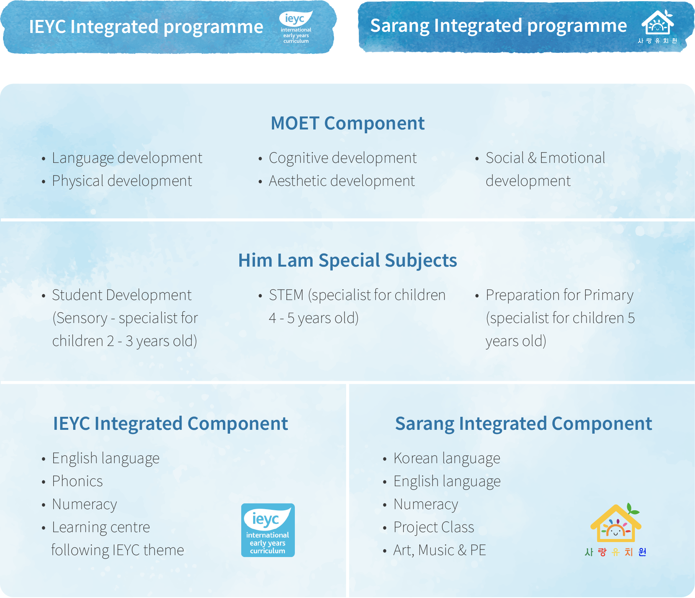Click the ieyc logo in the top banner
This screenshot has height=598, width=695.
click(x=296, y=27)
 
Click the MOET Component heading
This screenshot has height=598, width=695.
click(x=347, y=123)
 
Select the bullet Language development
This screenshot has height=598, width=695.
click(x=127, y=158)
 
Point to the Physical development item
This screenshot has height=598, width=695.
click(x=122, y=181)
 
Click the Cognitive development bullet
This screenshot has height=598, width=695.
click(x=342, y=158)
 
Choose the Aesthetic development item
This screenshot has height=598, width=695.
click(x=342, y=181)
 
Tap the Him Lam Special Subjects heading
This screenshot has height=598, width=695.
click(x=347, y=260)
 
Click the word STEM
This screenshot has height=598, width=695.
click(x=286, y=295)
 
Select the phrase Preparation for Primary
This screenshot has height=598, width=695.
click(x=559, y=295)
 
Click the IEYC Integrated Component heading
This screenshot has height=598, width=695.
click(x=170, y=424)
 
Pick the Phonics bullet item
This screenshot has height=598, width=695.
click(x=77, y=481)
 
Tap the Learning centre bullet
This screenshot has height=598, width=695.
click(x=101, y=527)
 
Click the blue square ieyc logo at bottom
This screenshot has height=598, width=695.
click(x=268, y=530)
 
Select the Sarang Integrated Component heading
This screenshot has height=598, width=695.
click(x=523, y=424)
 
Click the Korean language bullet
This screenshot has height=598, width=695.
click(x=446, y=458)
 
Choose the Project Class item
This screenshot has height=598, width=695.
click(x=433, y=527)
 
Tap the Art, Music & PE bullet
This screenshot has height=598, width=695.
click(x=440, y=550)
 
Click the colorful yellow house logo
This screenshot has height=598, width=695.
click(x=615, y=525)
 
